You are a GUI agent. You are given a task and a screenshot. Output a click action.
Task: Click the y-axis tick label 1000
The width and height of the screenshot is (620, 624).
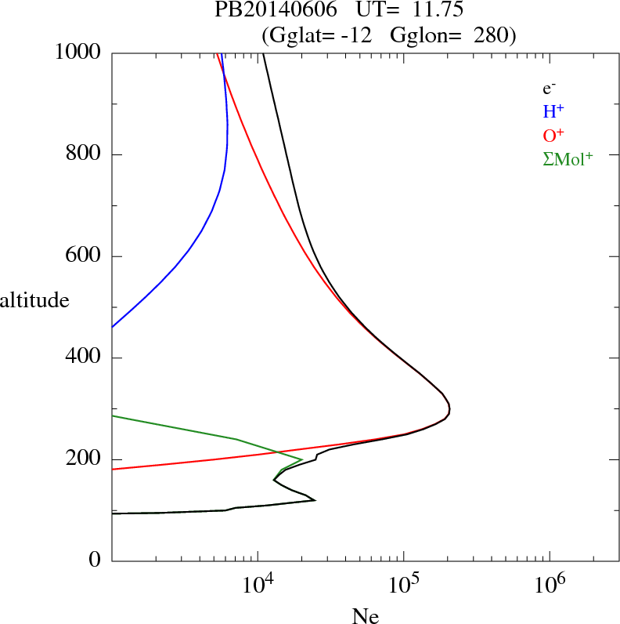(x=78, y=53)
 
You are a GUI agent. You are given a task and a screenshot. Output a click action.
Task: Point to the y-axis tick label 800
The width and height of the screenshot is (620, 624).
(x=83, y=154)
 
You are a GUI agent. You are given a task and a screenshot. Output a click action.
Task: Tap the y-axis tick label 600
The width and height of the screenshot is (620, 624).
(x=83, y=256)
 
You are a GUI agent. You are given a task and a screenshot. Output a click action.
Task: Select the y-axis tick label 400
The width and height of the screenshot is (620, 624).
(x=83, y=358)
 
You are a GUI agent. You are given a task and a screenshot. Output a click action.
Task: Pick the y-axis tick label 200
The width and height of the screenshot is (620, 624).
(x=83, y=459)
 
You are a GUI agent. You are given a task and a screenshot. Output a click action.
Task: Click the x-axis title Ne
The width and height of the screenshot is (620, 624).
(x=366, y=617)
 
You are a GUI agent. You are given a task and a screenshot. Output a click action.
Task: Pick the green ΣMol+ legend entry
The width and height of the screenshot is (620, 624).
(x=568, y=158)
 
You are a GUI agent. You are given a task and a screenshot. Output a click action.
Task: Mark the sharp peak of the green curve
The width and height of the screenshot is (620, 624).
(x=302, y=459)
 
